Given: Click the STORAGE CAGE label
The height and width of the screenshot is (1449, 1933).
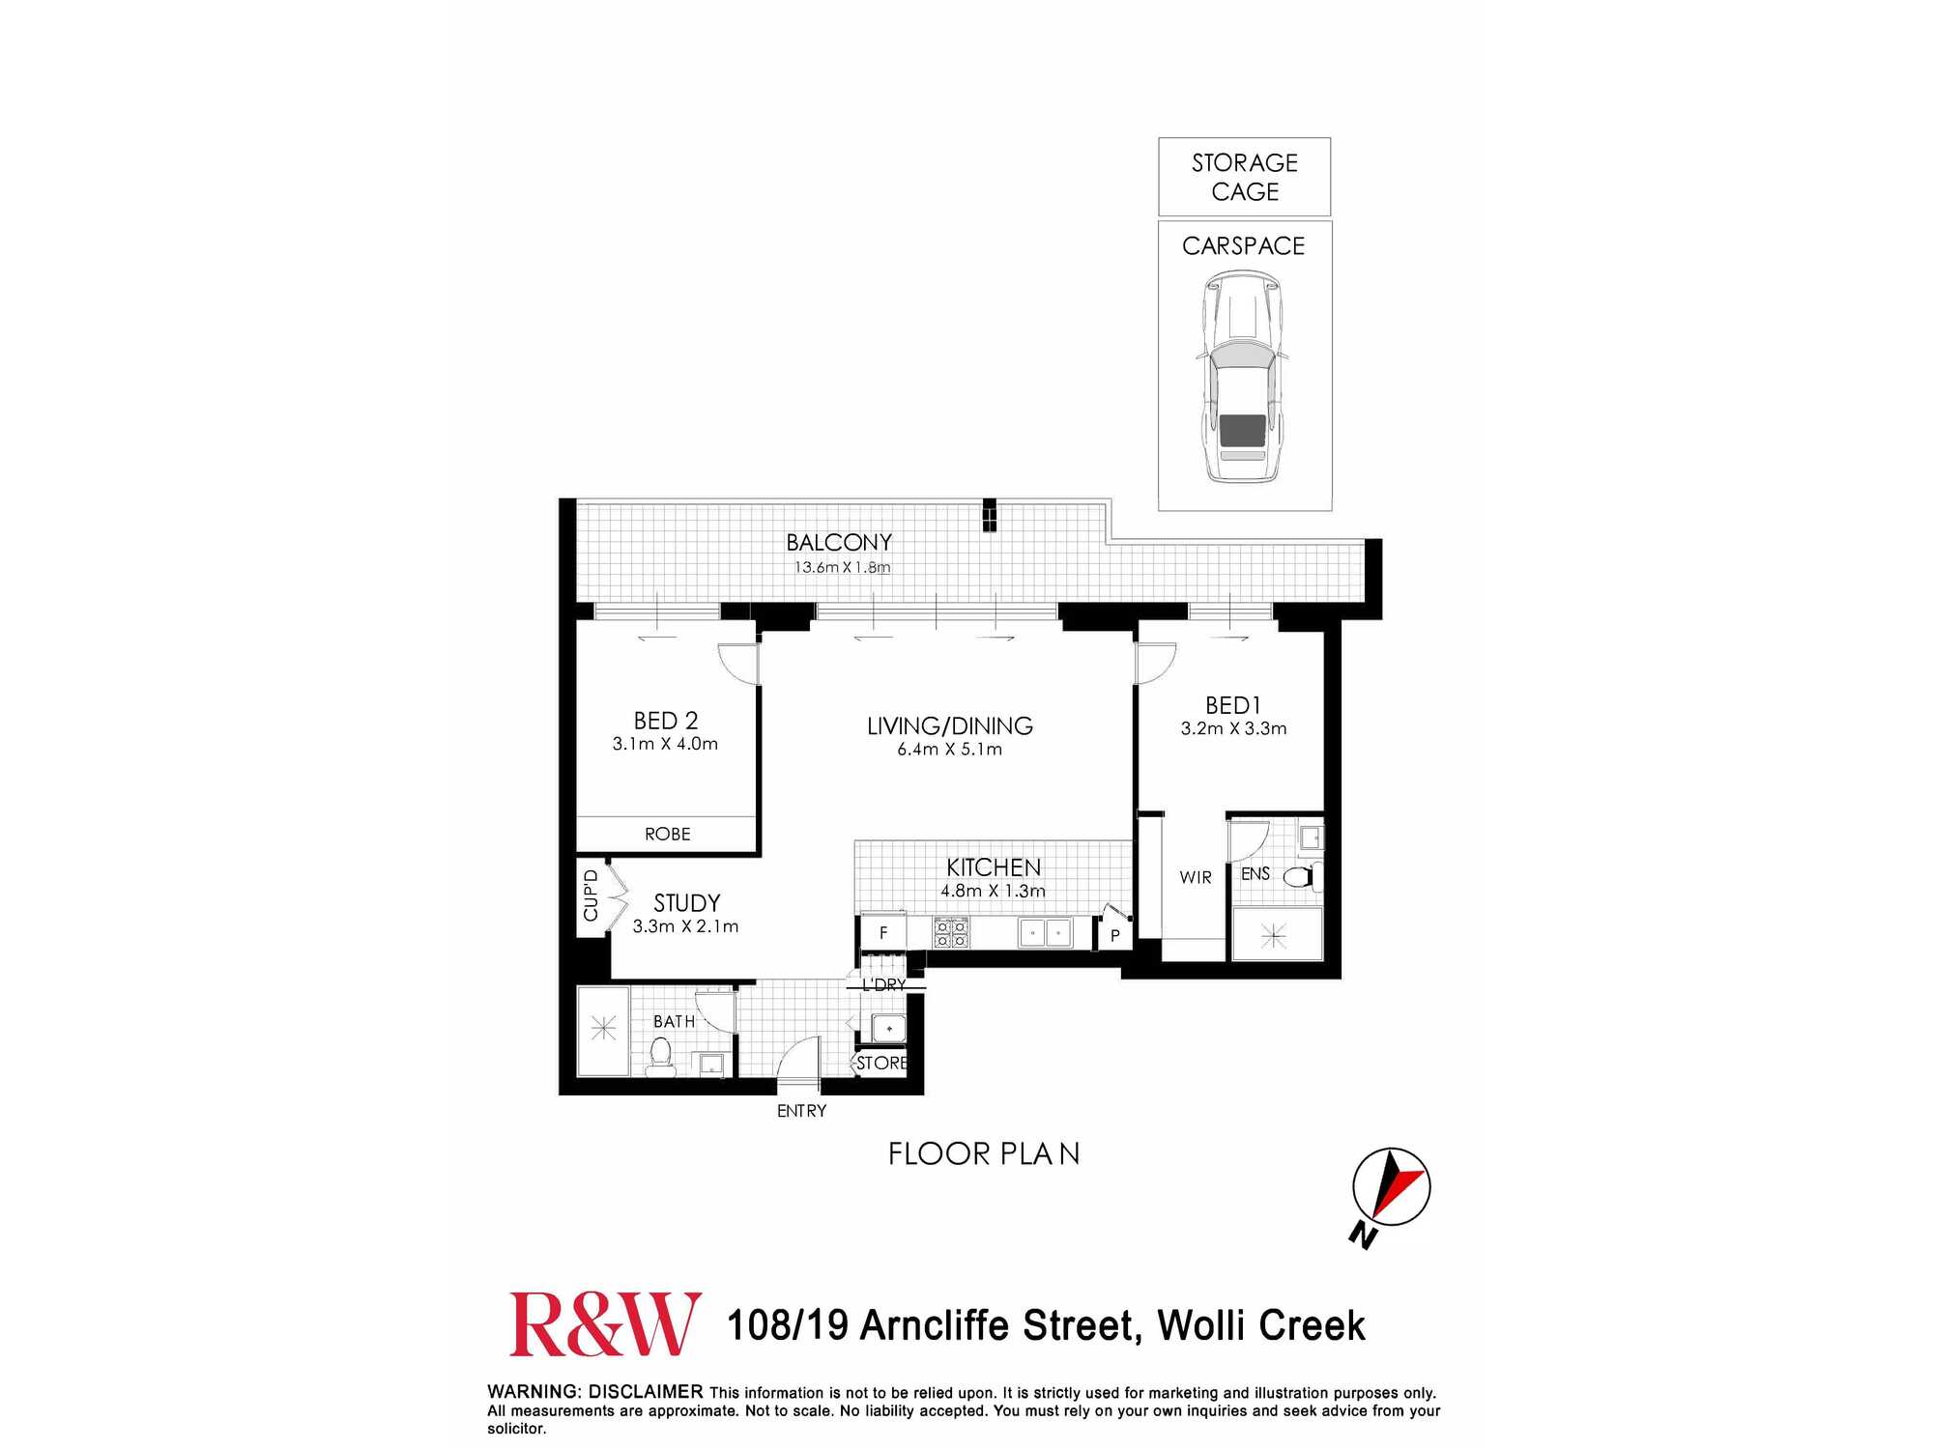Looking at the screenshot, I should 1245,177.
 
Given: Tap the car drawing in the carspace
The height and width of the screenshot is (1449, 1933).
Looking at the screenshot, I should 1243,377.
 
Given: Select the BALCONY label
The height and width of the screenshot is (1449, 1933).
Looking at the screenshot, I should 839,543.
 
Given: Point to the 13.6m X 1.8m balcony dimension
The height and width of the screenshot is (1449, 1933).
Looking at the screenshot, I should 842,567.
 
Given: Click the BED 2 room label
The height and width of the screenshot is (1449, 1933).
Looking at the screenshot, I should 665,721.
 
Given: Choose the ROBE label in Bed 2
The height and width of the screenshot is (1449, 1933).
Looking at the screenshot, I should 667,834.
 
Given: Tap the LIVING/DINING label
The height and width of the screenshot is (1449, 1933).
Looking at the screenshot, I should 949,725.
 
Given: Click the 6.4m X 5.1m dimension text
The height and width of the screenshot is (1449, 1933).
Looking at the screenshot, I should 949,750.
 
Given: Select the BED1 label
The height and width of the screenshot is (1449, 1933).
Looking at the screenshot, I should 1232,705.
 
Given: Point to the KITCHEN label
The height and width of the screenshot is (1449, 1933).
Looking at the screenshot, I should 994,867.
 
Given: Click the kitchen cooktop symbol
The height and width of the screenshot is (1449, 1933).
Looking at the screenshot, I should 950,933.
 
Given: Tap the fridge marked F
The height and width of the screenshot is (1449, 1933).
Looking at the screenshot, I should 883,933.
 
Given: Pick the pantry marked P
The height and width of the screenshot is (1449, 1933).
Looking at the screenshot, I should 1114,935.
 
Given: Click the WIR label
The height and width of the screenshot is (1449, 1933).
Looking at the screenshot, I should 1196,877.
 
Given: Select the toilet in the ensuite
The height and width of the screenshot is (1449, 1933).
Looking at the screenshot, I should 1299,876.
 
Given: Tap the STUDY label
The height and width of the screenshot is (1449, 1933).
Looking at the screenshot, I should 686,903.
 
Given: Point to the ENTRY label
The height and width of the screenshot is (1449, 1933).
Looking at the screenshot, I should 801,1111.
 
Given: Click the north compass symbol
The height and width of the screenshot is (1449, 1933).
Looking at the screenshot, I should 1390,1188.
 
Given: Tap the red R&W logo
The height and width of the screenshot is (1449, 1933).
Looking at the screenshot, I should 605,1324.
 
